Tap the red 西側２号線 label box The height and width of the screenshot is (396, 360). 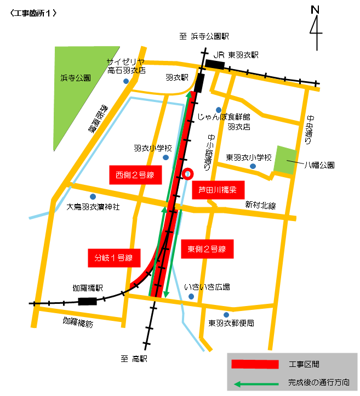point(134,176)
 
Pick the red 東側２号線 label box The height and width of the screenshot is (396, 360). point(207,249)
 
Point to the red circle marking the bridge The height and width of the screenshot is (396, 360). point(187,174)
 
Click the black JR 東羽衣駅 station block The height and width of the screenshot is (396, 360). point(215,64)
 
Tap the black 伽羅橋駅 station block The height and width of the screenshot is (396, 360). point(88,301)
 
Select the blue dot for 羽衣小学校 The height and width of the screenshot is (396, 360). point(166,157)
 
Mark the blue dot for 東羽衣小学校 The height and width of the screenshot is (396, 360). point(253,166)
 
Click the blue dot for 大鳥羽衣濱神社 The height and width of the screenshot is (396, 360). point(93,196)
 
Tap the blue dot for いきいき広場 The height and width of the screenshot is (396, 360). point(191,297)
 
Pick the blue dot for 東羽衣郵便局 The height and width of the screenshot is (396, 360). point(226,314)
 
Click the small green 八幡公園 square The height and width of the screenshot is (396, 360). point(285,160)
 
